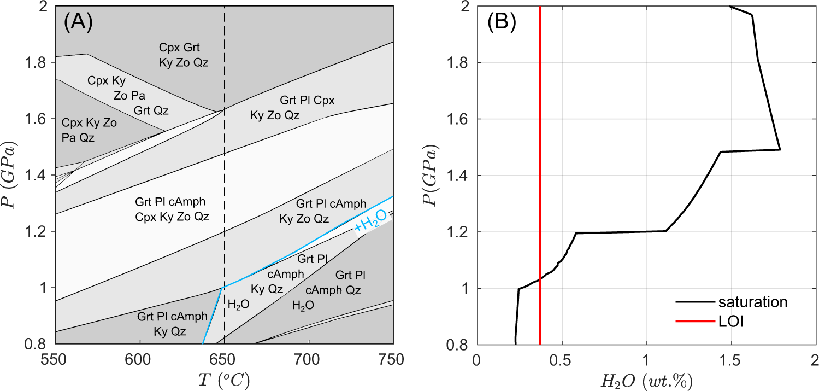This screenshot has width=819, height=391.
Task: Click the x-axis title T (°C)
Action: [225, 378]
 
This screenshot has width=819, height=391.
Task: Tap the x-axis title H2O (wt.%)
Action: [646, 378]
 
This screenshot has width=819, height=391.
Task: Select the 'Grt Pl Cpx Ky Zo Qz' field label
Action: [292, 108]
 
